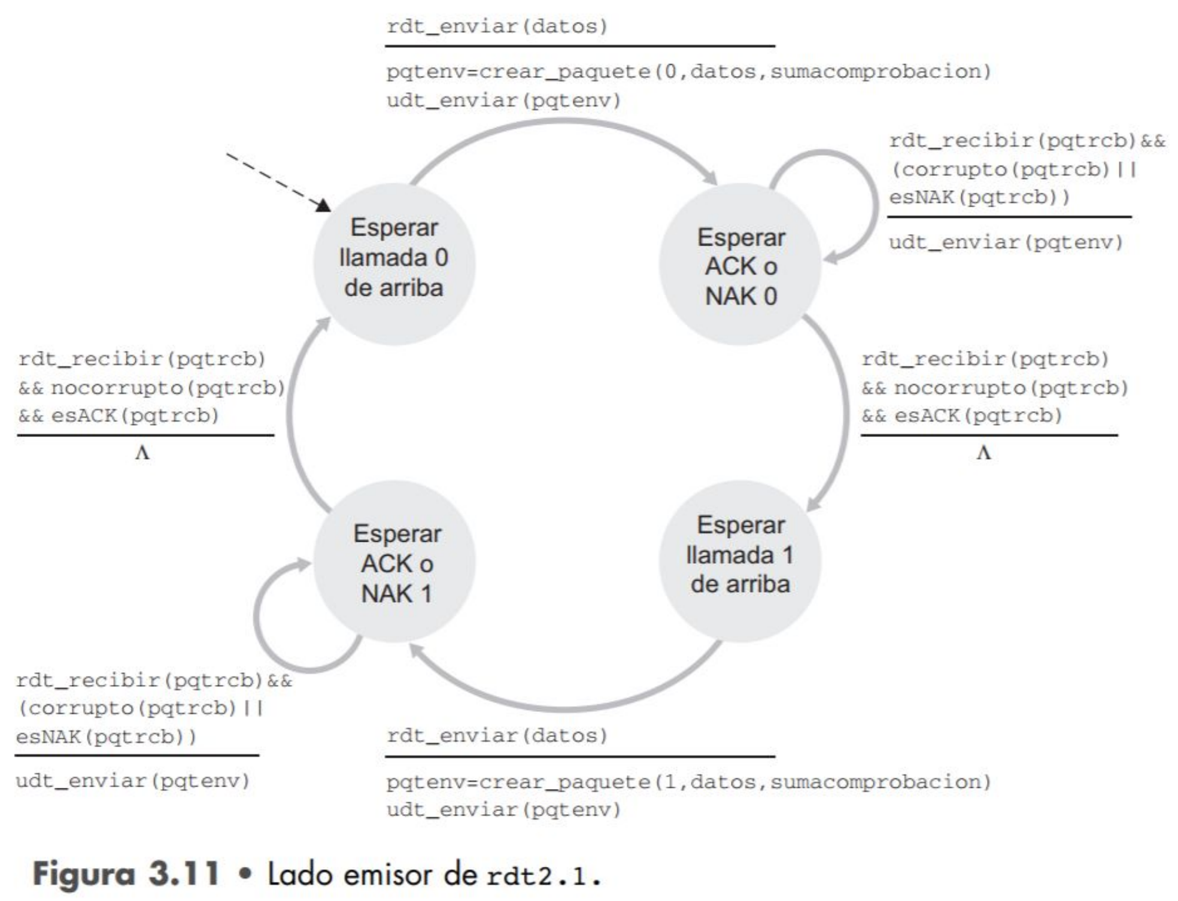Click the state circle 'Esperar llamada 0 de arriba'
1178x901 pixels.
click(x=394, y=263)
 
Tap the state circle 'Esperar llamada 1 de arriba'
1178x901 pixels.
click(x=740, y=561)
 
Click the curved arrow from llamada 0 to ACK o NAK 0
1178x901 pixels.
click(x=563, y=123)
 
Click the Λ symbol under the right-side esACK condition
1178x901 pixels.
click(x=983, y=453)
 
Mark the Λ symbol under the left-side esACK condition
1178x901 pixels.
click(x=142, y=453)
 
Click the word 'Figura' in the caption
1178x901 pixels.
click(x=84, y=874)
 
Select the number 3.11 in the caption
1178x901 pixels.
click(x=184, y=873)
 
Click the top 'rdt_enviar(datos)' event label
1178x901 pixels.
click(x=497, y=26)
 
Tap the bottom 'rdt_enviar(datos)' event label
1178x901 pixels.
click(x=497, y=735)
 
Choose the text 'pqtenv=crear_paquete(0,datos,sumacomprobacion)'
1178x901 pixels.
click(x=688, y=72)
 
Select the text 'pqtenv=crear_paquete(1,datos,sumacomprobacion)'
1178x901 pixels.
click(x=688, y=782)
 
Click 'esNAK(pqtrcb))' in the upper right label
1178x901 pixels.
click(x=979, y=197)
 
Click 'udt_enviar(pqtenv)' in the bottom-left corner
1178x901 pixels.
click(x=132, y=781)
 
